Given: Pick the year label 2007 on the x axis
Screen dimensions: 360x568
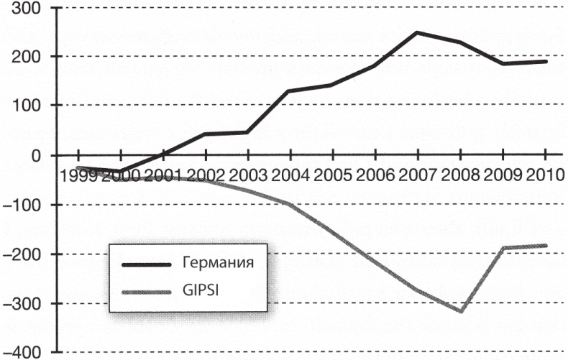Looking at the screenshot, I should pyautogui.click(x=416, y=175).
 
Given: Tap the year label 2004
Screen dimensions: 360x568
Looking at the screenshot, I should pyautogui.click(x=289, y=175).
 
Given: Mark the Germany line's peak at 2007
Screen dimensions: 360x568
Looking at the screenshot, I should pyautogui.click(x=417, y=32).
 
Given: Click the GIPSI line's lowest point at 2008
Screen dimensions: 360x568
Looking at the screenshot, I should pyautogui.click(x=459, y=311).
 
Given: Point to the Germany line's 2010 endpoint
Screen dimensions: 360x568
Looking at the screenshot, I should pyautogui.click(x=546, y=61).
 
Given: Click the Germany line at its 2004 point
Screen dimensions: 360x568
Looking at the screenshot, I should pyautogui.click(x=289, y=91).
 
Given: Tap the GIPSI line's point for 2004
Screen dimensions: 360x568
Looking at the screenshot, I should pyautogui.click(x=289, y=204).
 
